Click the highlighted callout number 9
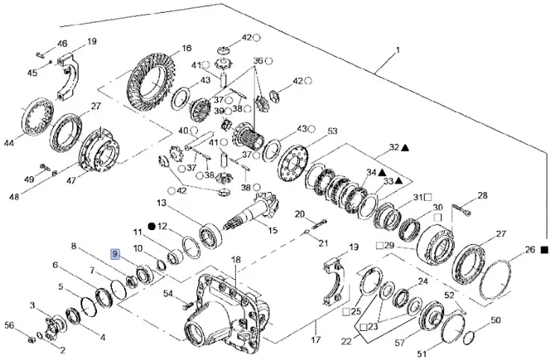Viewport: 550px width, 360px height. (x=116, y=254)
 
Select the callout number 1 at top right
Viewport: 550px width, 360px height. (x=398, y=51)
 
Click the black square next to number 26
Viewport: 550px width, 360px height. (x=544, y=250)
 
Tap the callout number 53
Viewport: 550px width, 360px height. (x=333, y=131)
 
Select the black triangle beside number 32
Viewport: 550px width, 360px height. (x=404, y=149)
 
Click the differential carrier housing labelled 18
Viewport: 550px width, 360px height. (x=224, y=306)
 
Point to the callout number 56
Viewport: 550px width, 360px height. (x=10, y=325)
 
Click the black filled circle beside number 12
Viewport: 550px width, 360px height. (x=151, y=226)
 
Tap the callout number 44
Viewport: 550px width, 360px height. (x=9, y=142)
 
